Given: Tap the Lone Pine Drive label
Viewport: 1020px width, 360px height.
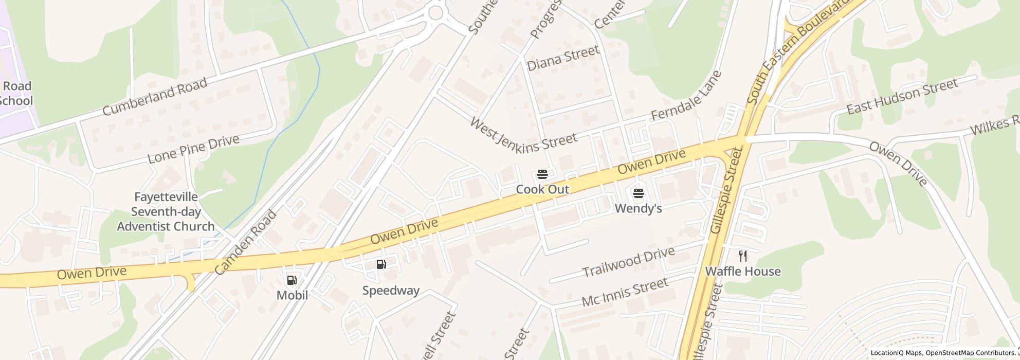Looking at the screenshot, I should (193, 149).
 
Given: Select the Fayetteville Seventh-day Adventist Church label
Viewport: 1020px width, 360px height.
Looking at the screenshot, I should (166, 212).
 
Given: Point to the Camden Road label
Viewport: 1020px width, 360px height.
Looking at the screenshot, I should (245, 243).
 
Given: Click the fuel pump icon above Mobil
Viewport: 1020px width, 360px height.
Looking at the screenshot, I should (292, 280).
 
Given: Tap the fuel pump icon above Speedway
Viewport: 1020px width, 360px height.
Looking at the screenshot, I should (381, 264).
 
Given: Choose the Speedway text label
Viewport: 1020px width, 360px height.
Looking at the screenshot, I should (391, 291).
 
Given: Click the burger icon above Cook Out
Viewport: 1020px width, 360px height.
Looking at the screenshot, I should (542, 174).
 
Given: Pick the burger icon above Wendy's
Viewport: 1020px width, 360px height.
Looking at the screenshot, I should (638, 193).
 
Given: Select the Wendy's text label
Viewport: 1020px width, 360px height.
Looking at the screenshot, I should (638, 208).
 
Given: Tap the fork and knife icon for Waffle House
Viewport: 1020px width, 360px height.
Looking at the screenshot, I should (742, 256).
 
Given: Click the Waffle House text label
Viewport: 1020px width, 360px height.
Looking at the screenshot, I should (742, 272).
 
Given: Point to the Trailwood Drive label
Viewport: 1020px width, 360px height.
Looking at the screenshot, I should (628, 262).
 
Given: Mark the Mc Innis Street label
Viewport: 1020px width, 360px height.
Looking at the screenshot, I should (625, 292).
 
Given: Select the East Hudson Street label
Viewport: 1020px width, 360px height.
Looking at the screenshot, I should (902, 96).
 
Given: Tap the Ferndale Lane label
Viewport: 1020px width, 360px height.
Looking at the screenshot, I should (686, 96).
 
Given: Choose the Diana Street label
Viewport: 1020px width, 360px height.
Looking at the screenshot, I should (563, 58).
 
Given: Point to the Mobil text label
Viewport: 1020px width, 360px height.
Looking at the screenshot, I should (292, 295).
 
